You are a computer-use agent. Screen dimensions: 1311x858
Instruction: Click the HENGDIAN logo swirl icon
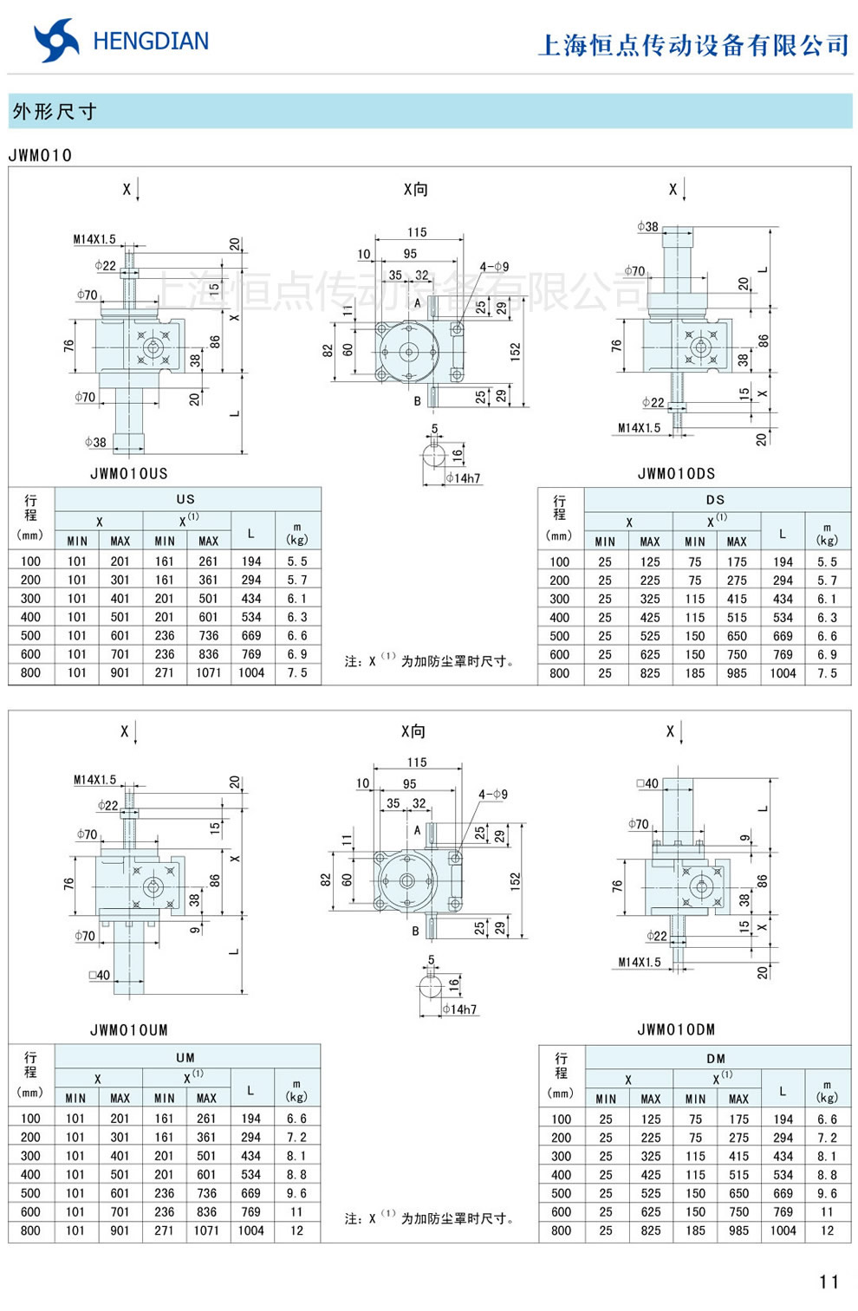(x=55, y=41)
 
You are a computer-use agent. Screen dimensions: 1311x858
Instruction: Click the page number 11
(x=829, y=1282)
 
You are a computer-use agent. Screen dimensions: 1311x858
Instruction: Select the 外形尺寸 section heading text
(x=55, y=112)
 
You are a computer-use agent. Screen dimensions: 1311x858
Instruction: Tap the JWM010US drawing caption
(x=129, y=474)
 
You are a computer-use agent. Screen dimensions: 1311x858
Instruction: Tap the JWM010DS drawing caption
(x=676, y=474)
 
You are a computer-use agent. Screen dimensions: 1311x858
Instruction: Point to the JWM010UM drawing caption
(x=129, y=1030)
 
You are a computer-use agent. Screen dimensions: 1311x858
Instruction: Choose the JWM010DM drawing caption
(x=676, y=1030)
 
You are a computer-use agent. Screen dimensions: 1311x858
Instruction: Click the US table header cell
(x=185, y=499)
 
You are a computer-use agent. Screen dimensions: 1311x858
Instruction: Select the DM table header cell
(x=716, y=1058)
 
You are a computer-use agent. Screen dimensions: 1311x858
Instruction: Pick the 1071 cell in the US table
(x=208, y=672)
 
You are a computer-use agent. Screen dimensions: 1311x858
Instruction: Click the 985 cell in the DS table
(x=737, y=673)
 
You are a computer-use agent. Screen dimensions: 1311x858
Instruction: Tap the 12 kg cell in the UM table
(x=296, y=1230)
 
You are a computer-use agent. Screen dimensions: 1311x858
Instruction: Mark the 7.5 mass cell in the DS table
(x=827, y=673)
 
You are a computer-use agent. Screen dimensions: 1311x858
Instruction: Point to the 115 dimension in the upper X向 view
(x=417, y=232)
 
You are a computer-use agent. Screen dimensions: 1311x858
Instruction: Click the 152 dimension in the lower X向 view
(x=516, y=882)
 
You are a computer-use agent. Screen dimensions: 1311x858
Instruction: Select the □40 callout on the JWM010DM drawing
(x=647, y=783)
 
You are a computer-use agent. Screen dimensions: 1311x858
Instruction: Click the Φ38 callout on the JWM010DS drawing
(x=647, y=227)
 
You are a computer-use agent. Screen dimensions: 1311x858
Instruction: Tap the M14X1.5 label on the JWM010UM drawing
(x=94, y=780)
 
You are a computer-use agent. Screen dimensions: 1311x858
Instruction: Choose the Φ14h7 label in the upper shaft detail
(x=463, y=478)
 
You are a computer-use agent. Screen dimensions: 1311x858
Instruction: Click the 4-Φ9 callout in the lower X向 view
(x=493, y=794)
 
